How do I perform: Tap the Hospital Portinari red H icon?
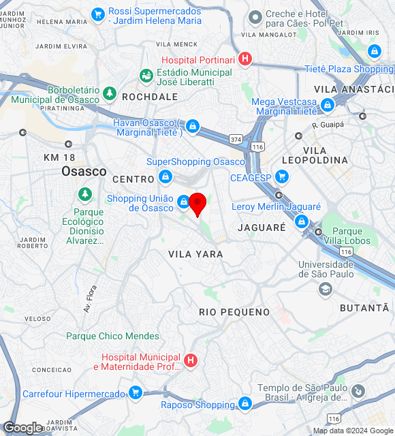click(x=245, y=60)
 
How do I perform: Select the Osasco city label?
click(x=84, y=171)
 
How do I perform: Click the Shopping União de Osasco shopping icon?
click(x=183, y=202)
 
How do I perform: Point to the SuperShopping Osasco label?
click(x=195, y=161)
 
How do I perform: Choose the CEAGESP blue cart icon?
click(x=281, y=178)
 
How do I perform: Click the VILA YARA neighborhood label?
click(x=195, y=254)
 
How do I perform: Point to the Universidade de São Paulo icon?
click(x=326, y=289)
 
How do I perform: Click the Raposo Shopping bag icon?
click(x=245, y=405)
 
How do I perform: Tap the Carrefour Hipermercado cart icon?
click(x=136, y=393)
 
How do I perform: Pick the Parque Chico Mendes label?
click(x=112, y=336)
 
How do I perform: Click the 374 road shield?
click(x=236, y=139)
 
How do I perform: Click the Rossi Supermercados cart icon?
click(x=98, y=13)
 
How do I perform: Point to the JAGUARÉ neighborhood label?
click(x=262, y=227)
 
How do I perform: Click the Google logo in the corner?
click(x=22, y=428)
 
